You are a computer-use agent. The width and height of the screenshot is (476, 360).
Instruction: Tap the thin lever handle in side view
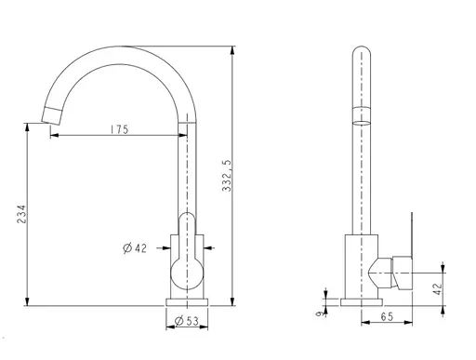(x=408, y=232)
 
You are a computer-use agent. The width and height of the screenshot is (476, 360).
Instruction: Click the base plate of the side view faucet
(x=359, y=300)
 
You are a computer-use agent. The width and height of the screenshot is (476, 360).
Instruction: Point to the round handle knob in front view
(x=188, y=273)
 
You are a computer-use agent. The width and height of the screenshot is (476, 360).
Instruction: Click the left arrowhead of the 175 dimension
(x=54, y=135)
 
